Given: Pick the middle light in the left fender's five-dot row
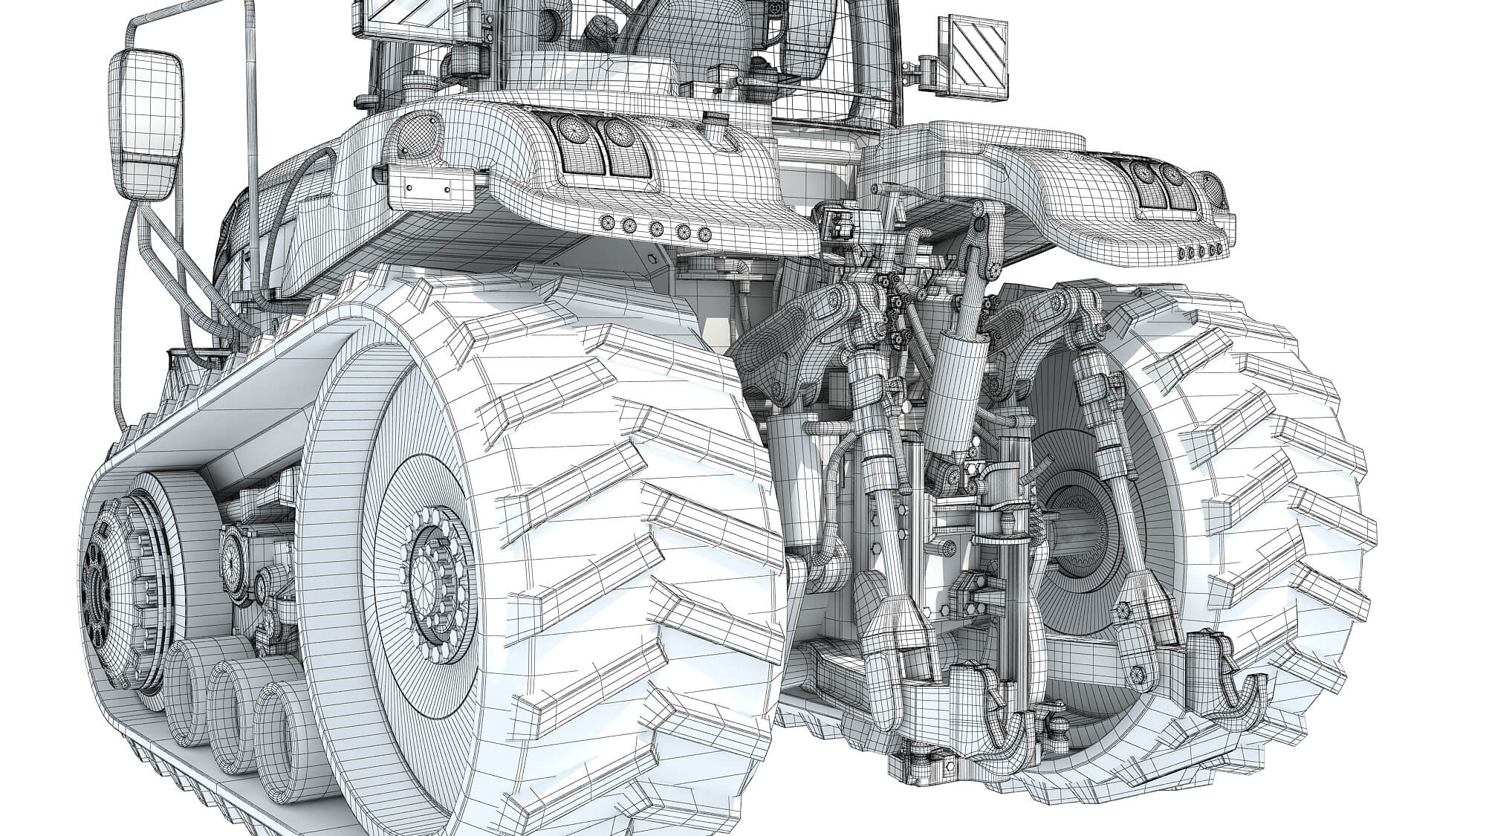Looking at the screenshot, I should [656, 228].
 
